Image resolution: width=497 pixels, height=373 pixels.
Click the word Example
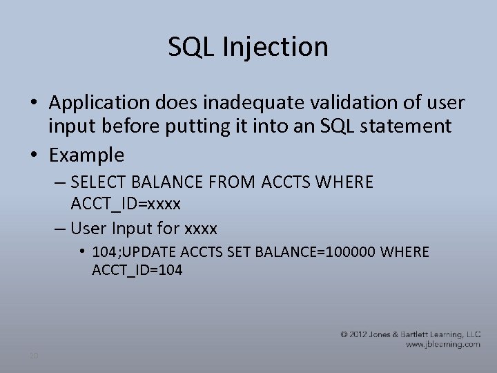coord(86,155)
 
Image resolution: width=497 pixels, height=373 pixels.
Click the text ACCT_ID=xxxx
coord(126,204)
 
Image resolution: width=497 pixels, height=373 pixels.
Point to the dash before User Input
coord(59,228)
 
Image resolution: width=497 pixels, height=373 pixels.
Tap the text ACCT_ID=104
coord(137,270)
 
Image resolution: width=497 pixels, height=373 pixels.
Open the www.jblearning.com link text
coord(442,343)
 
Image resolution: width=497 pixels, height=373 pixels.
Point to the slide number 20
coord(32,355)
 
